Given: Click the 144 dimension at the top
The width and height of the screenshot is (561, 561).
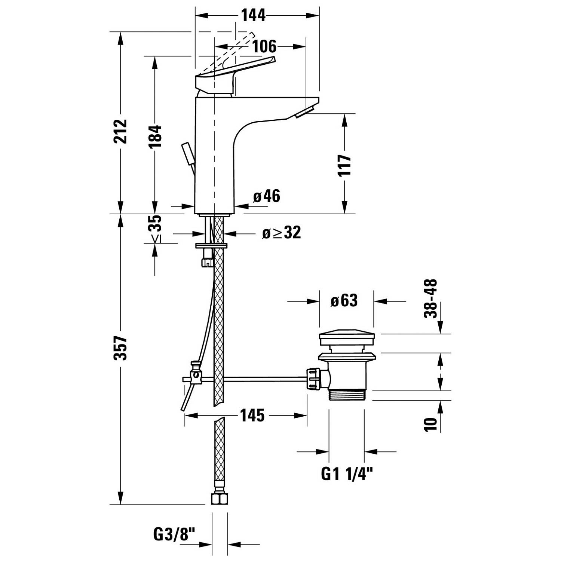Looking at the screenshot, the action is click(x=253, y=15).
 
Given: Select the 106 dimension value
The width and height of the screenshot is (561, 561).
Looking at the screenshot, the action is click(x=264, y=47).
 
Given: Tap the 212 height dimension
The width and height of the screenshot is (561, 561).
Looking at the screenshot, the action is click(x=121, y=131).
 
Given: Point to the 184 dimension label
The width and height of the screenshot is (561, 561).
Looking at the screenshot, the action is click(x=155, y=136).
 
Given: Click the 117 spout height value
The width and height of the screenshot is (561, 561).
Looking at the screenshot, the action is click(x=344, y=165).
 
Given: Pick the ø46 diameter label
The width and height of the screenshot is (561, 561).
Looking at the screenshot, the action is click(x=267, y=196).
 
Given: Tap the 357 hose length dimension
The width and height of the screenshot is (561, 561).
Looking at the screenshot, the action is click(x=121, y=348).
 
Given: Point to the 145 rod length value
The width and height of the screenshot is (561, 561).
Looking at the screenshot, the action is click(x=252, y=416).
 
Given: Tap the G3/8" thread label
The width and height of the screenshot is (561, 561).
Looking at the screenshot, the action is click(x=175, y=534).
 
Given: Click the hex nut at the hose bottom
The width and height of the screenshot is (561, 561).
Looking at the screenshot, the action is click(x=220, y=499).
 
